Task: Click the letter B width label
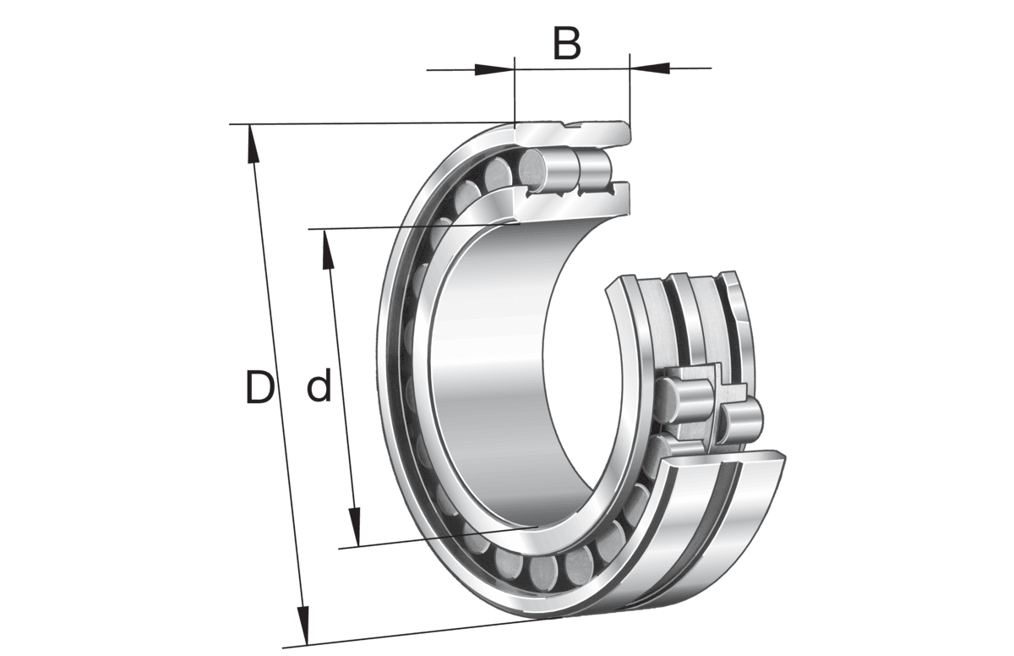pos(567,44)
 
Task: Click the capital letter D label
pos(259,388)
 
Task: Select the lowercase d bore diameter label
pos(318,388)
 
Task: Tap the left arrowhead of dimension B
pos(494,68)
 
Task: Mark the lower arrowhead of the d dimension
pos(356,528)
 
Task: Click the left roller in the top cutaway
pos(541,169)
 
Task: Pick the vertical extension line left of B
pos(514,93)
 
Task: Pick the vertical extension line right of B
pos(630,93)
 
